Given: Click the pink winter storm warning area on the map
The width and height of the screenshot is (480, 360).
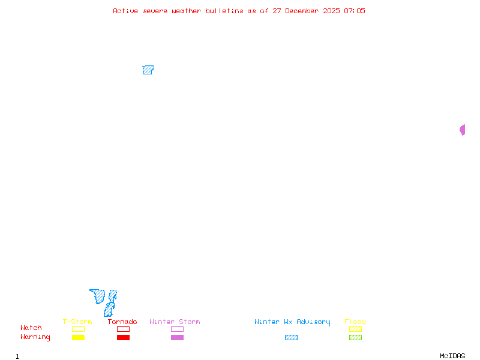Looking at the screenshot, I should coord(463,130).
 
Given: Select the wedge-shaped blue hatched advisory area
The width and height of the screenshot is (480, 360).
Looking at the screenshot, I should coord(98,295).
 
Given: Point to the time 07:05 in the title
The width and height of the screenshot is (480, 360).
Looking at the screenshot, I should coord(354,11).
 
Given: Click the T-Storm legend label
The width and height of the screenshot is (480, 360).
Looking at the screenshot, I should coord(77,322).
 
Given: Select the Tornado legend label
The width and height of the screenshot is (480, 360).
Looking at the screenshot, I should coord(122,322).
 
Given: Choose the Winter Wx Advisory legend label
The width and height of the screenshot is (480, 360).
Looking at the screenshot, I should coord(292,322).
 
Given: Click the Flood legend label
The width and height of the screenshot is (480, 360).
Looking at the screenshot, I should coord(355,322).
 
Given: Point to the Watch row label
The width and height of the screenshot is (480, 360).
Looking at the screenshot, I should coord(31,328).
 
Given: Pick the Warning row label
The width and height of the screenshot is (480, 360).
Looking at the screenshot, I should coord(35,337).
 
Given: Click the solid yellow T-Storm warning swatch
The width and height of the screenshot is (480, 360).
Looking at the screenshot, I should coord(78,338).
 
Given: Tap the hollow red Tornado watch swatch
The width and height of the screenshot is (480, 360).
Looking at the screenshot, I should coord(123,329).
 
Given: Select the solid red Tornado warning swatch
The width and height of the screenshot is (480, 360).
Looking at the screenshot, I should coord(123,338).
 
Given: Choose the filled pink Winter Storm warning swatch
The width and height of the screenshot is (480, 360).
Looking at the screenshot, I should coord(177,338).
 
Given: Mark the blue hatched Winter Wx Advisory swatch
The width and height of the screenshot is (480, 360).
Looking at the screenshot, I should coord(291,338).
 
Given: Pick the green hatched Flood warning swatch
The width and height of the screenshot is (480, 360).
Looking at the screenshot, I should coord(355,338).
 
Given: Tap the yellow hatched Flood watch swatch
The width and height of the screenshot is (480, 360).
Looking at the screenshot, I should coord(355,329).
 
